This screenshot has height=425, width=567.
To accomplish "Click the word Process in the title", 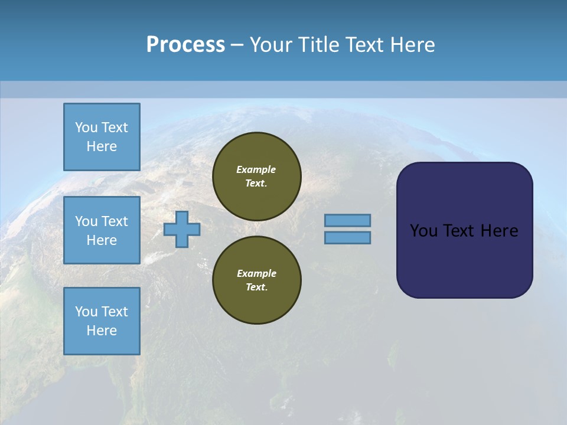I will point(185,44).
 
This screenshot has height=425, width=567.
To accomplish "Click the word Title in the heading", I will point(317,44).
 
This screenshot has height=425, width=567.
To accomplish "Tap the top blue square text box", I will point(102,137).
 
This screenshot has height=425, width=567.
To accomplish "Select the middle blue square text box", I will point(102,230).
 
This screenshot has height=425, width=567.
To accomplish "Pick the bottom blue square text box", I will point(102,321).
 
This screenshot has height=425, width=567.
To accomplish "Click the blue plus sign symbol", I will point(182,229).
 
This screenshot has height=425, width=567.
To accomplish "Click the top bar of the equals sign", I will point(347,220).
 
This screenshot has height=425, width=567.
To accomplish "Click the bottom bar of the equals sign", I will point(347,237).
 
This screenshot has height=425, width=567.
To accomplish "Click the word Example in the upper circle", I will point(256,169).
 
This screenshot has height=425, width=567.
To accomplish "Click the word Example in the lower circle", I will point(256,273).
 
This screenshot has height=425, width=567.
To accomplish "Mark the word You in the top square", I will point(86,127).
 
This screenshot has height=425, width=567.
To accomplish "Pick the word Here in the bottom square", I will point(102,331).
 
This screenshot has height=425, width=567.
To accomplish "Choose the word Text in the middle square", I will point(115,221).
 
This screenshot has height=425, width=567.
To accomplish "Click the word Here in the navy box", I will point(499,231).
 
